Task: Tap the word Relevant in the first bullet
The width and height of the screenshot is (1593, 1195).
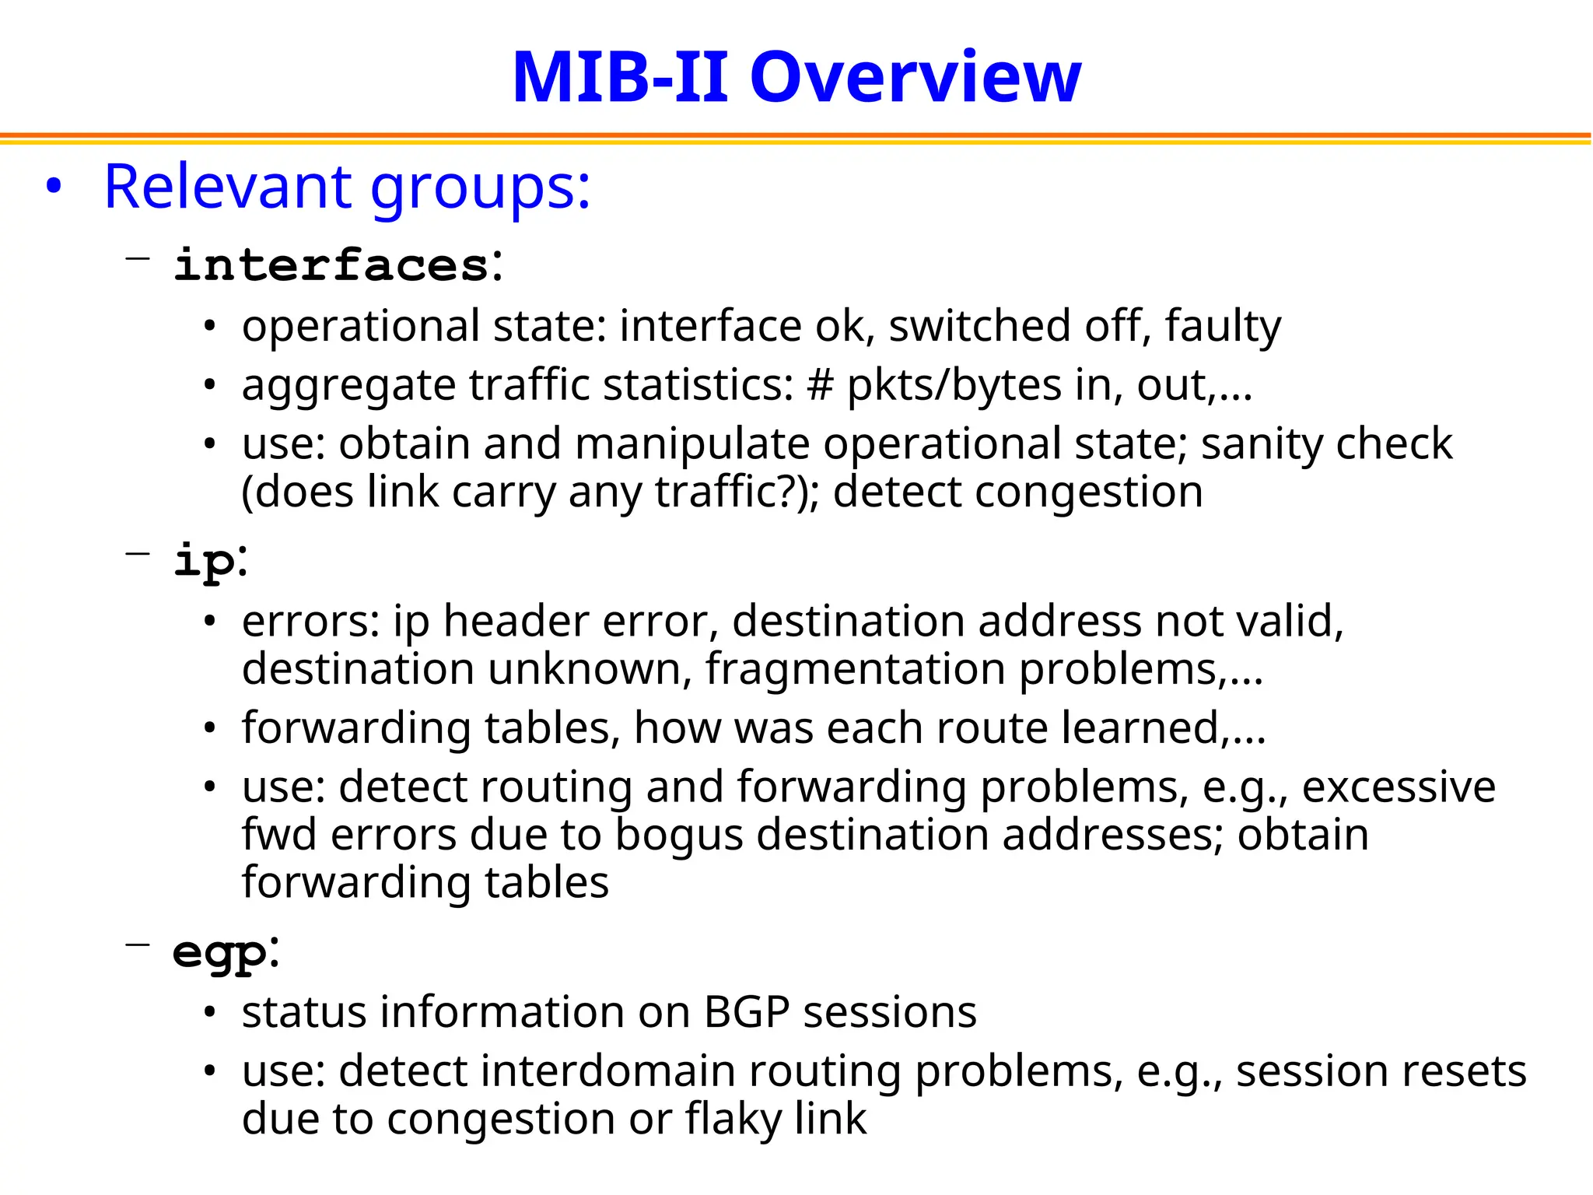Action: tap(228, 187)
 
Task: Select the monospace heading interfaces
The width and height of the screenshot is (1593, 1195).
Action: tap(331, 265)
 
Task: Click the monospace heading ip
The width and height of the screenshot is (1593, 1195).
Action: tap(204, 561)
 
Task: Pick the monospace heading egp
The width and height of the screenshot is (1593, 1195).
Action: tap(219, 951)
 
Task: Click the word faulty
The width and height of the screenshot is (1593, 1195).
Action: tap(1223, 326)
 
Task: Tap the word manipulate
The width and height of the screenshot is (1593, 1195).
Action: tap(692, 444)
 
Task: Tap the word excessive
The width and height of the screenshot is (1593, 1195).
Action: tap(1399, 787)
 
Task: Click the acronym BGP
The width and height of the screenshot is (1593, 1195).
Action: tap(747, 1012)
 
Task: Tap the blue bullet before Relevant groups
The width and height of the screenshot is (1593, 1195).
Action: tap(53, 187)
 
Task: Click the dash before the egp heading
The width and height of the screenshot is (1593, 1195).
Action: tap(137, 944)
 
